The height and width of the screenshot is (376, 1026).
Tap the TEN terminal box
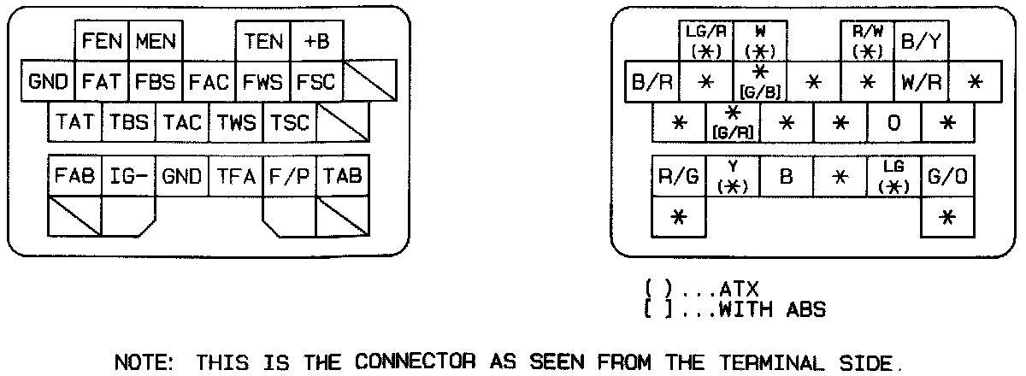coord(263,42)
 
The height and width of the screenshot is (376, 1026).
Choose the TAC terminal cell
coord(183,123)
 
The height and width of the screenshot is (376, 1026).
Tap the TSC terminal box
coord(289,123)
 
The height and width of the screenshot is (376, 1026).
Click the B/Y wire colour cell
coord(922,42)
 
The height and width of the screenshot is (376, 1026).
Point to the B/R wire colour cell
coord(652,83)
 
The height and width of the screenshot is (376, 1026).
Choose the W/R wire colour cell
coord(922,83)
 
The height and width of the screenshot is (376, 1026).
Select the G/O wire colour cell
coord(947,178)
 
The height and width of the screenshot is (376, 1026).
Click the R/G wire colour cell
coord(679,178)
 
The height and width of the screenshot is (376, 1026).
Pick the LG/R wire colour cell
coord(705,42)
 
